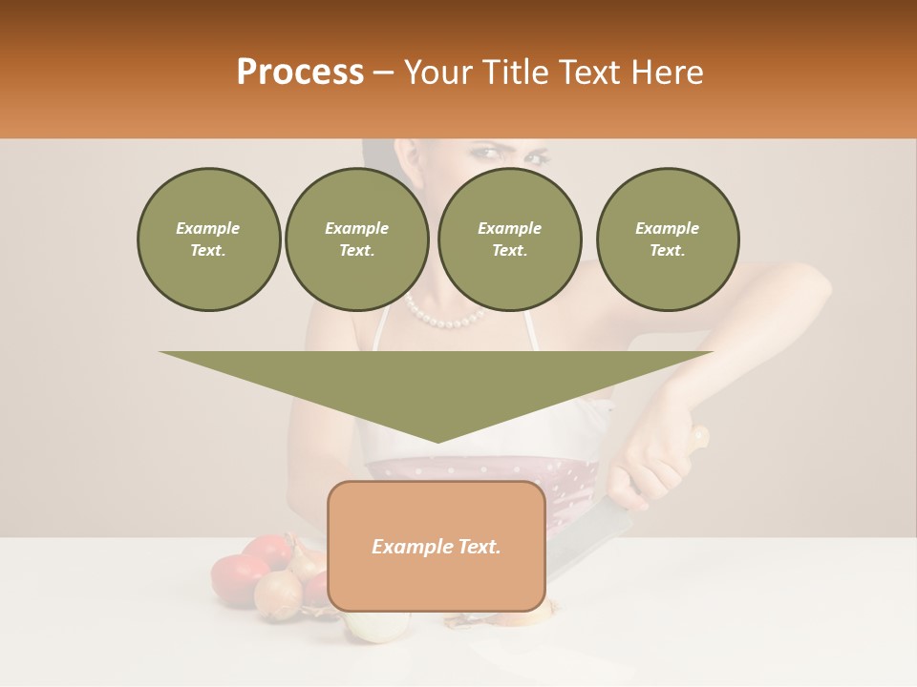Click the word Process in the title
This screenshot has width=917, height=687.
[300, 73]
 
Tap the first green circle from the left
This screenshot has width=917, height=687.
[209, 239]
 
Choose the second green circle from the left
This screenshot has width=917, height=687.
[357, 239]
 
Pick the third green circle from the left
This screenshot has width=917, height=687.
[509, 239]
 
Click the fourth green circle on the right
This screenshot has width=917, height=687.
[668, 239]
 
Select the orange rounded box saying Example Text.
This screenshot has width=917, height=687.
[437, 546]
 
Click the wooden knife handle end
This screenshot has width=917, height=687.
[700, 437]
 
